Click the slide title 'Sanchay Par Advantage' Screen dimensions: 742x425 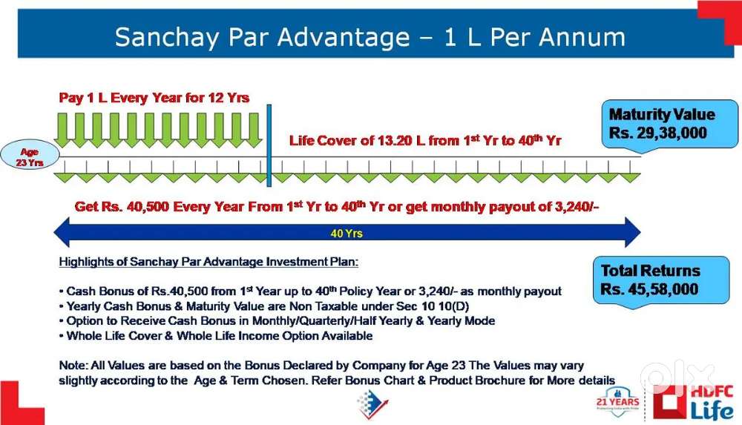[262, 37]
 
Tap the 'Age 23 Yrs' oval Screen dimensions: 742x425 [30, 157]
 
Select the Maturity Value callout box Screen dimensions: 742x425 [669, 124]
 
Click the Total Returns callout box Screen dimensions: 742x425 [661, 280]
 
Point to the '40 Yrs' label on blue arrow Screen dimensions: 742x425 [347, 234]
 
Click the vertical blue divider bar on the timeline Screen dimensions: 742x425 [269, 145]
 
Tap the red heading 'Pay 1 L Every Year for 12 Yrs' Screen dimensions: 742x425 [154, 98]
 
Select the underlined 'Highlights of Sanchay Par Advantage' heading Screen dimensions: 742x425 [209, 262]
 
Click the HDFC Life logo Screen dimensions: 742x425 [693, 402]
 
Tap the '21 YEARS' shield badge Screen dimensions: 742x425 [617, 402]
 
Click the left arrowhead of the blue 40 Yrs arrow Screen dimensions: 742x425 [62, 232]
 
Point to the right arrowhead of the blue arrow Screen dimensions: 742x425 [633, 232]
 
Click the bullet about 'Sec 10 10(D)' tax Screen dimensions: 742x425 [264, 306]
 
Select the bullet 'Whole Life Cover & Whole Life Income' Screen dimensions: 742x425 [216, 336]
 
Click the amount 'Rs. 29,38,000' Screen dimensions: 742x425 [657, 133]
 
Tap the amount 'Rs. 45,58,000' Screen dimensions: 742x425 [649, 289]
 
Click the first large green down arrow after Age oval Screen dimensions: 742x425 [62, 130]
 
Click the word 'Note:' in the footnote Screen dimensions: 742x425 [73, 366]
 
